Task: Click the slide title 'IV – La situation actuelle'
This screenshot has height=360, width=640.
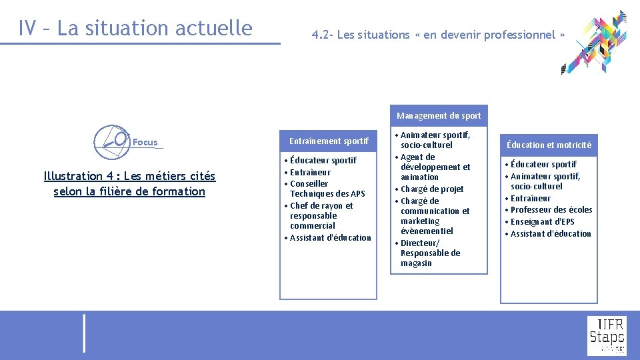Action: click(x=135, y=29)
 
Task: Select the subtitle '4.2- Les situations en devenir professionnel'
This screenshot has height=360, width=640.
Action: click(x=438, y=35)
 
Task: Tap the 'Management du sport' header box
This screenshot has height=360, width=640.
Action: click(x=439, y=115)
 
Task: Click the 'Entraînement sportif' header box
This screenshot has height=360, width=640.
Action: click(x=328, y=141)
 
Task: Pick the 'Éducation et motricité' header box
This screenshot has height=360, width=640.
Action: click(x=549, y=145)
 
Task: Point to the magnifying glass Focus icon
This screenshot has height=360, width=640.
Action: click(x=111, y=141)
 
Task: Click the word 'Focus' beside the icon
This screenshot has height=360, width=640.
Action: click(x=145, y=142)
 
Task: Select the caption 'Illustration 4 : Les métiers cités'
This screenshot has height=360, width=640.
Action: click(x=129, y=176)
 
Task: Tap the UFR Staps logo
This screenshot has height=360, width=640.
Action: click(x=606, y=335)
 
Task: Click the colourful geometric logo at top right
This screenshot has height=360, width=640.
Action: click(x=594, y=42)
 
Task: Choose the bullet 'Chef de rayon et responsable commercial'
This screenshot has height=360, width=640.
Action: click(x=321, y=215)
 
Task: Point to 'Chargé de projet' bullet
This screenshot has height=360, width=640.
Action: click(x=432, y=189)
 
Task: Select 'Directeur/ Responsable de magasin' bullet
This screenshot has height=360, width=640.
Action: click(x=430, y=253)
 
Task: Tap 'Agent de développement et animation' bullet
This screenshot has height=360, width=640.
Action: click(x=435, y=167)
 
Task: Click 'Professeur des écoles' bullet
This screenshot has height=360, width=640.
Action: click(x=551, y=209)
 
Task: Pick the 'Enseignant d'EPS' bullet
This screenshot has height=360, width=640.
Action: click(x=542, y=221)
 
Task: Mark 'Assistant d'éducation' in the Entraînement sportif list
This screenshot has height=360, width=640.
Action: click(x=330, y=237)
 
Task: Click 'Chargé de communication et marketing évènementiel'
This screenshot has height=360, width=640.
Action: click(x=435, y=215)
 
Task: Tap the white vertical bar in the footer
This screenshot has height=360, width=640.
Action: click(x=84, y=333)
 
